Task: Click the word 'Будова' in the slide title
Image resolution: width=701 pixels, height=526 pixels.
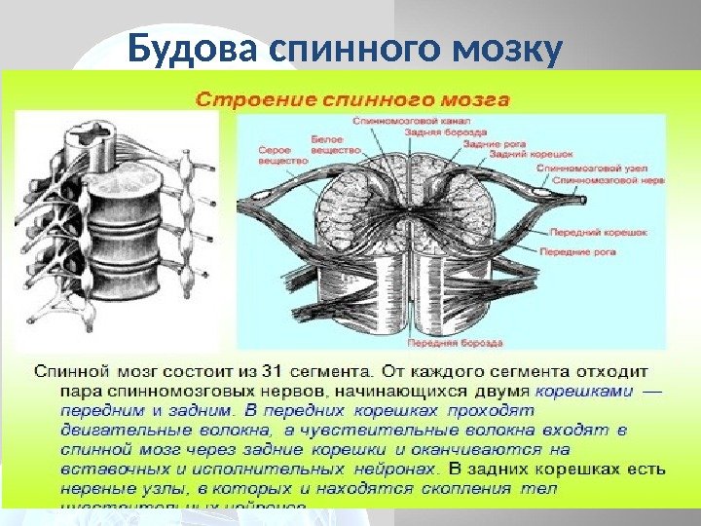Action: [191, 47]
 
